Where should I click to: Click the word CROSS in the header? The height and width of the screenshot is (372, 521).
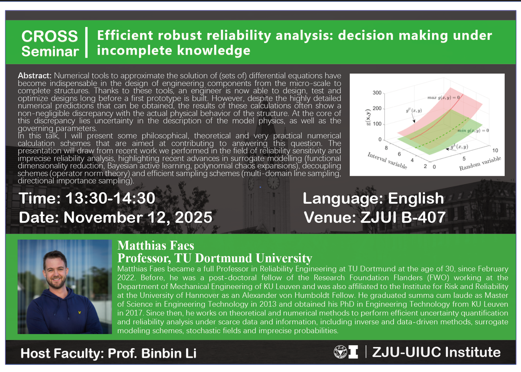(50, 36)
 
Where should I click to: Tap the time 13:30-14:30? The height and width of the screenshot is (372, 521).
(110, 199)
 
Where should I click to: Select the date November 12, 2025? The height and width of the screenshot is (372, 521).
(138, 218)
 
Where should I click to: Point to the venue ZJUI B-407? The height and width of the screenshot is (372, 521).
(403, 217)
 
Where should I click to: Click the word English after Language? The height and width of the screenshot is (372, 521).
(416, 199)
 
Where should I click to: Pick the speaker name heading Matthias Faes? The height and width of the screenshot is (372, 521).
(156, 245)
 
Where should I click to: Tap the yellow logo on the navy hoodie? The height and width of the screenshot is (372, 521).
(79, 312)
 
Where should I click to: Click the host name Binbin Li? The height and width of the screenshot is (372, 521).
(169, 353)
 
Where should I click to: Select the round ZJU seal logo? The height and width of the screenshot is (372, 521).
(340, 352)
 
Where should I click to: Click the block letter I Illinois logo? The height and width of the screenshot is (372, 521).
(353, 352)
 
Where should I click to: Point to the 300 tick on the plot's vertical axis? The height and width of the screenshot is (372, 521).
(377, 93)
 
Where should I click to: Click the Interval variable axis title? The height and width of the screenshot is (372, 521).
(387, 161)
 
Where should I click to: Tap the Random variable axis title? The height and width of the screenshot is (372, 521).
(480, 163)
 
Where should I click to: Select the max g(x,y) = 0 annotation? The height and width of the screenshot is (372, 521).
(444, 97)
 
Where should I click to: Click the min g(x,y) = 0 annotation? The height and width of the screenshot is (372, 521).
(473, 130)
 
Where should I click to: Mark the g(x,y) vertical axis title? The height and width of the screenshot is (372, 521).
(368, 117)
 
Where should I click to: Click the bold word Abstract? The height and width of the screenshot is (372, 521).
(35, 76)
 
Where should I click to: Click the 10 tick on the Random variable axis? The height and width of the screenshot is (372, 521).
(495, 150)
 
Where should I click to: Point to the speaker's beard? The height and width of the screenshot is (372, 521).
(56, 283)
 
